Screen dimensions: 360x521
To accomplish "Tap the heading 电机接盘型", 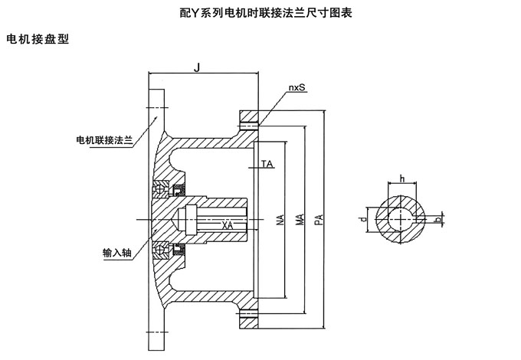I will tap(38, 38).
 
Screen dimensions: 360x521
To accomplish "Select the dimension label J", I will tap(197, 68).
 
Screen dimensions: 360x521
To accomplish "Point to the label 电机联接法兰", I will tap(105, 139).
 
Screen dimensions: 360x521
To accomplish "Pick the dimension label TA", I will tap(267, 164).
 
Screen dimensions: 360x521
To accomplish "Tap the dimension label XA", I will tap(228, 225).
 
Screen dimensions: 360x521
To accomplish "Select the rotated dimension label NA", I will tap(281, 221).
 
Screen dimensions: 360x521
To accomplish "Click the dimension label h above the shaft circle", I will tap(401, 178).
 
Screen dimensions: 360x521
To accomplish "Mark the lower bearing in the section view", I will tap(164, 250).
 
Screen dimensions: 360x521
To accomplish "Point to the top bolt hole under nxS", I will tap(249, 123).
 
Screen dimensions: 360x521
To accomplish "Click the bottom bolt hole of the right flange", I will tap(249, 316).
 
